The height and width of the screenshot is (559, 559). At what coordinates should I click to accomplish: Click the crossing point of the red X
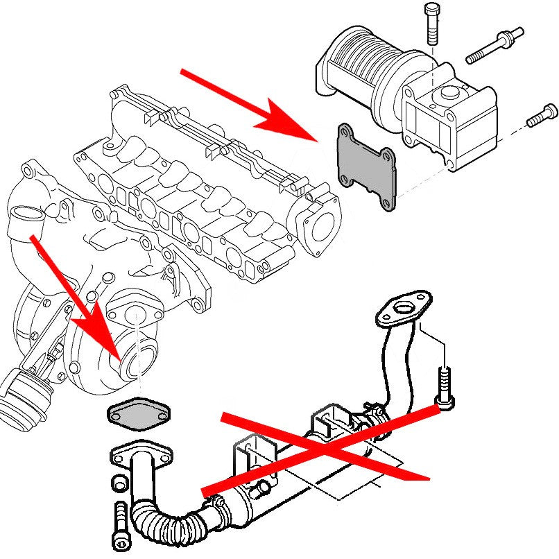(x=326, y=449)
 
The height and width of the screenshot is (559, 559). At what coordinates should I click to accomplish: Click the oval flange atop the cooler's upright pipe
(x=402, y=308)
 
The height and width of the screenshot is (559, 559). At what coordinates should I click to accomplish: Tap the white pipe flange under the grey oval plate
(x=139, y=456)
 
